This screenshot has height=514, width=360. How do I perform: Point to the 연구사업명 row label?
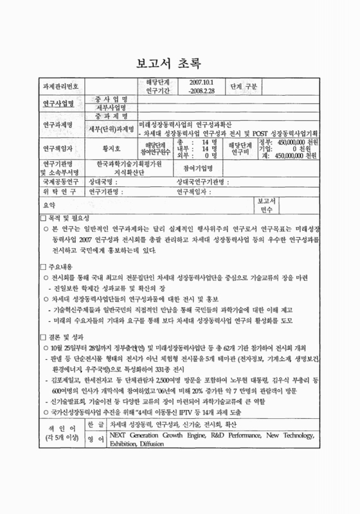59,103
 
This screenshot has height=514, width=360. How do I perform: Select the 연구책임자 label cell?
59,147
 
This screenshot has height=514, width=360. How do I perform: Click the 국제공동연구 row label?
59,182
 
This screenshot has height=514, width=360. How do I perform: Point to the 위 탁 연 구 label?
59,191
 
